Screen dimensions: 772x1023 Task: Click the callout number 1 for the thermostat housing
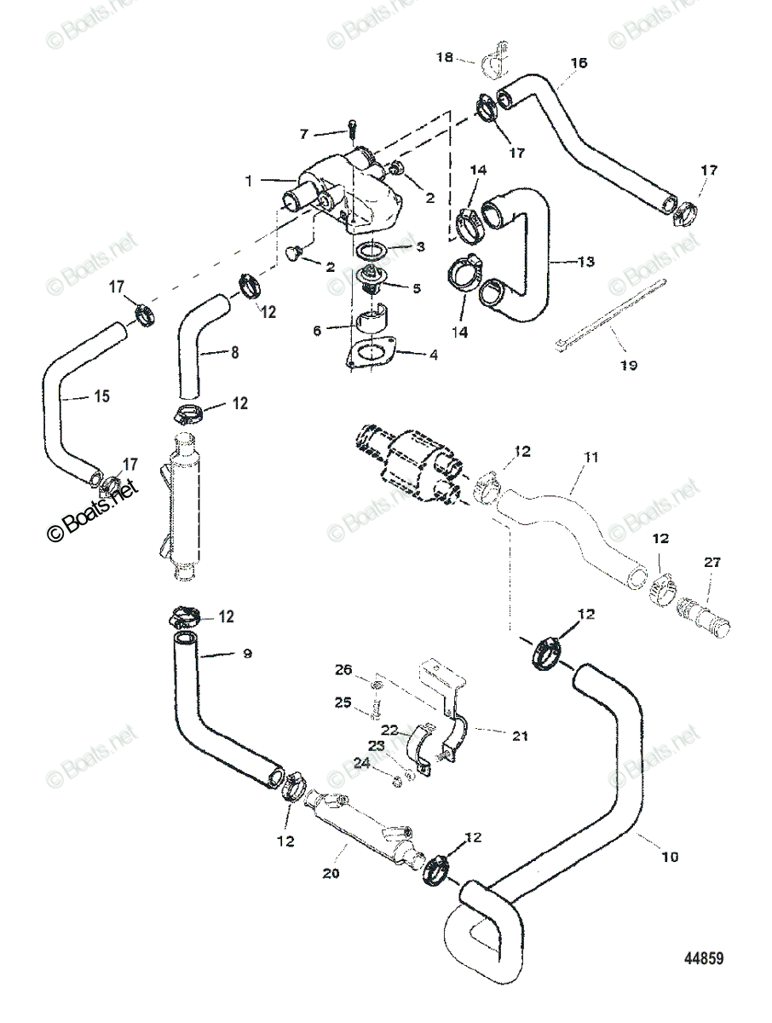tap(249, 181)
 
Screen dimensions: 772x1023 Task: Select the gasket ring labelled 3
tap(371, 251)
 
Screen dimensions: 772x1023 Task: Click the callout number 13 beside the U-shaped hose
tap(585, 262)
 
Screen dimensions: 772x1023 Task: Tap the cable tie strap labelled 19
tap(611, 314)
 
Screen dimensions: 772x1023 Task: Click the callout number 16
tap(579, 62)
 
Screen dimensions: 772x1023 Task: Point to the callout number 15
tap(102, 396)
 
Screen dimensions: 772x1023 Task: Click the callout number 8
tap(234, 352)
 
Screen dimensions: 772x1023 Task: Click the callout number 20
tap(331, 873)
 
